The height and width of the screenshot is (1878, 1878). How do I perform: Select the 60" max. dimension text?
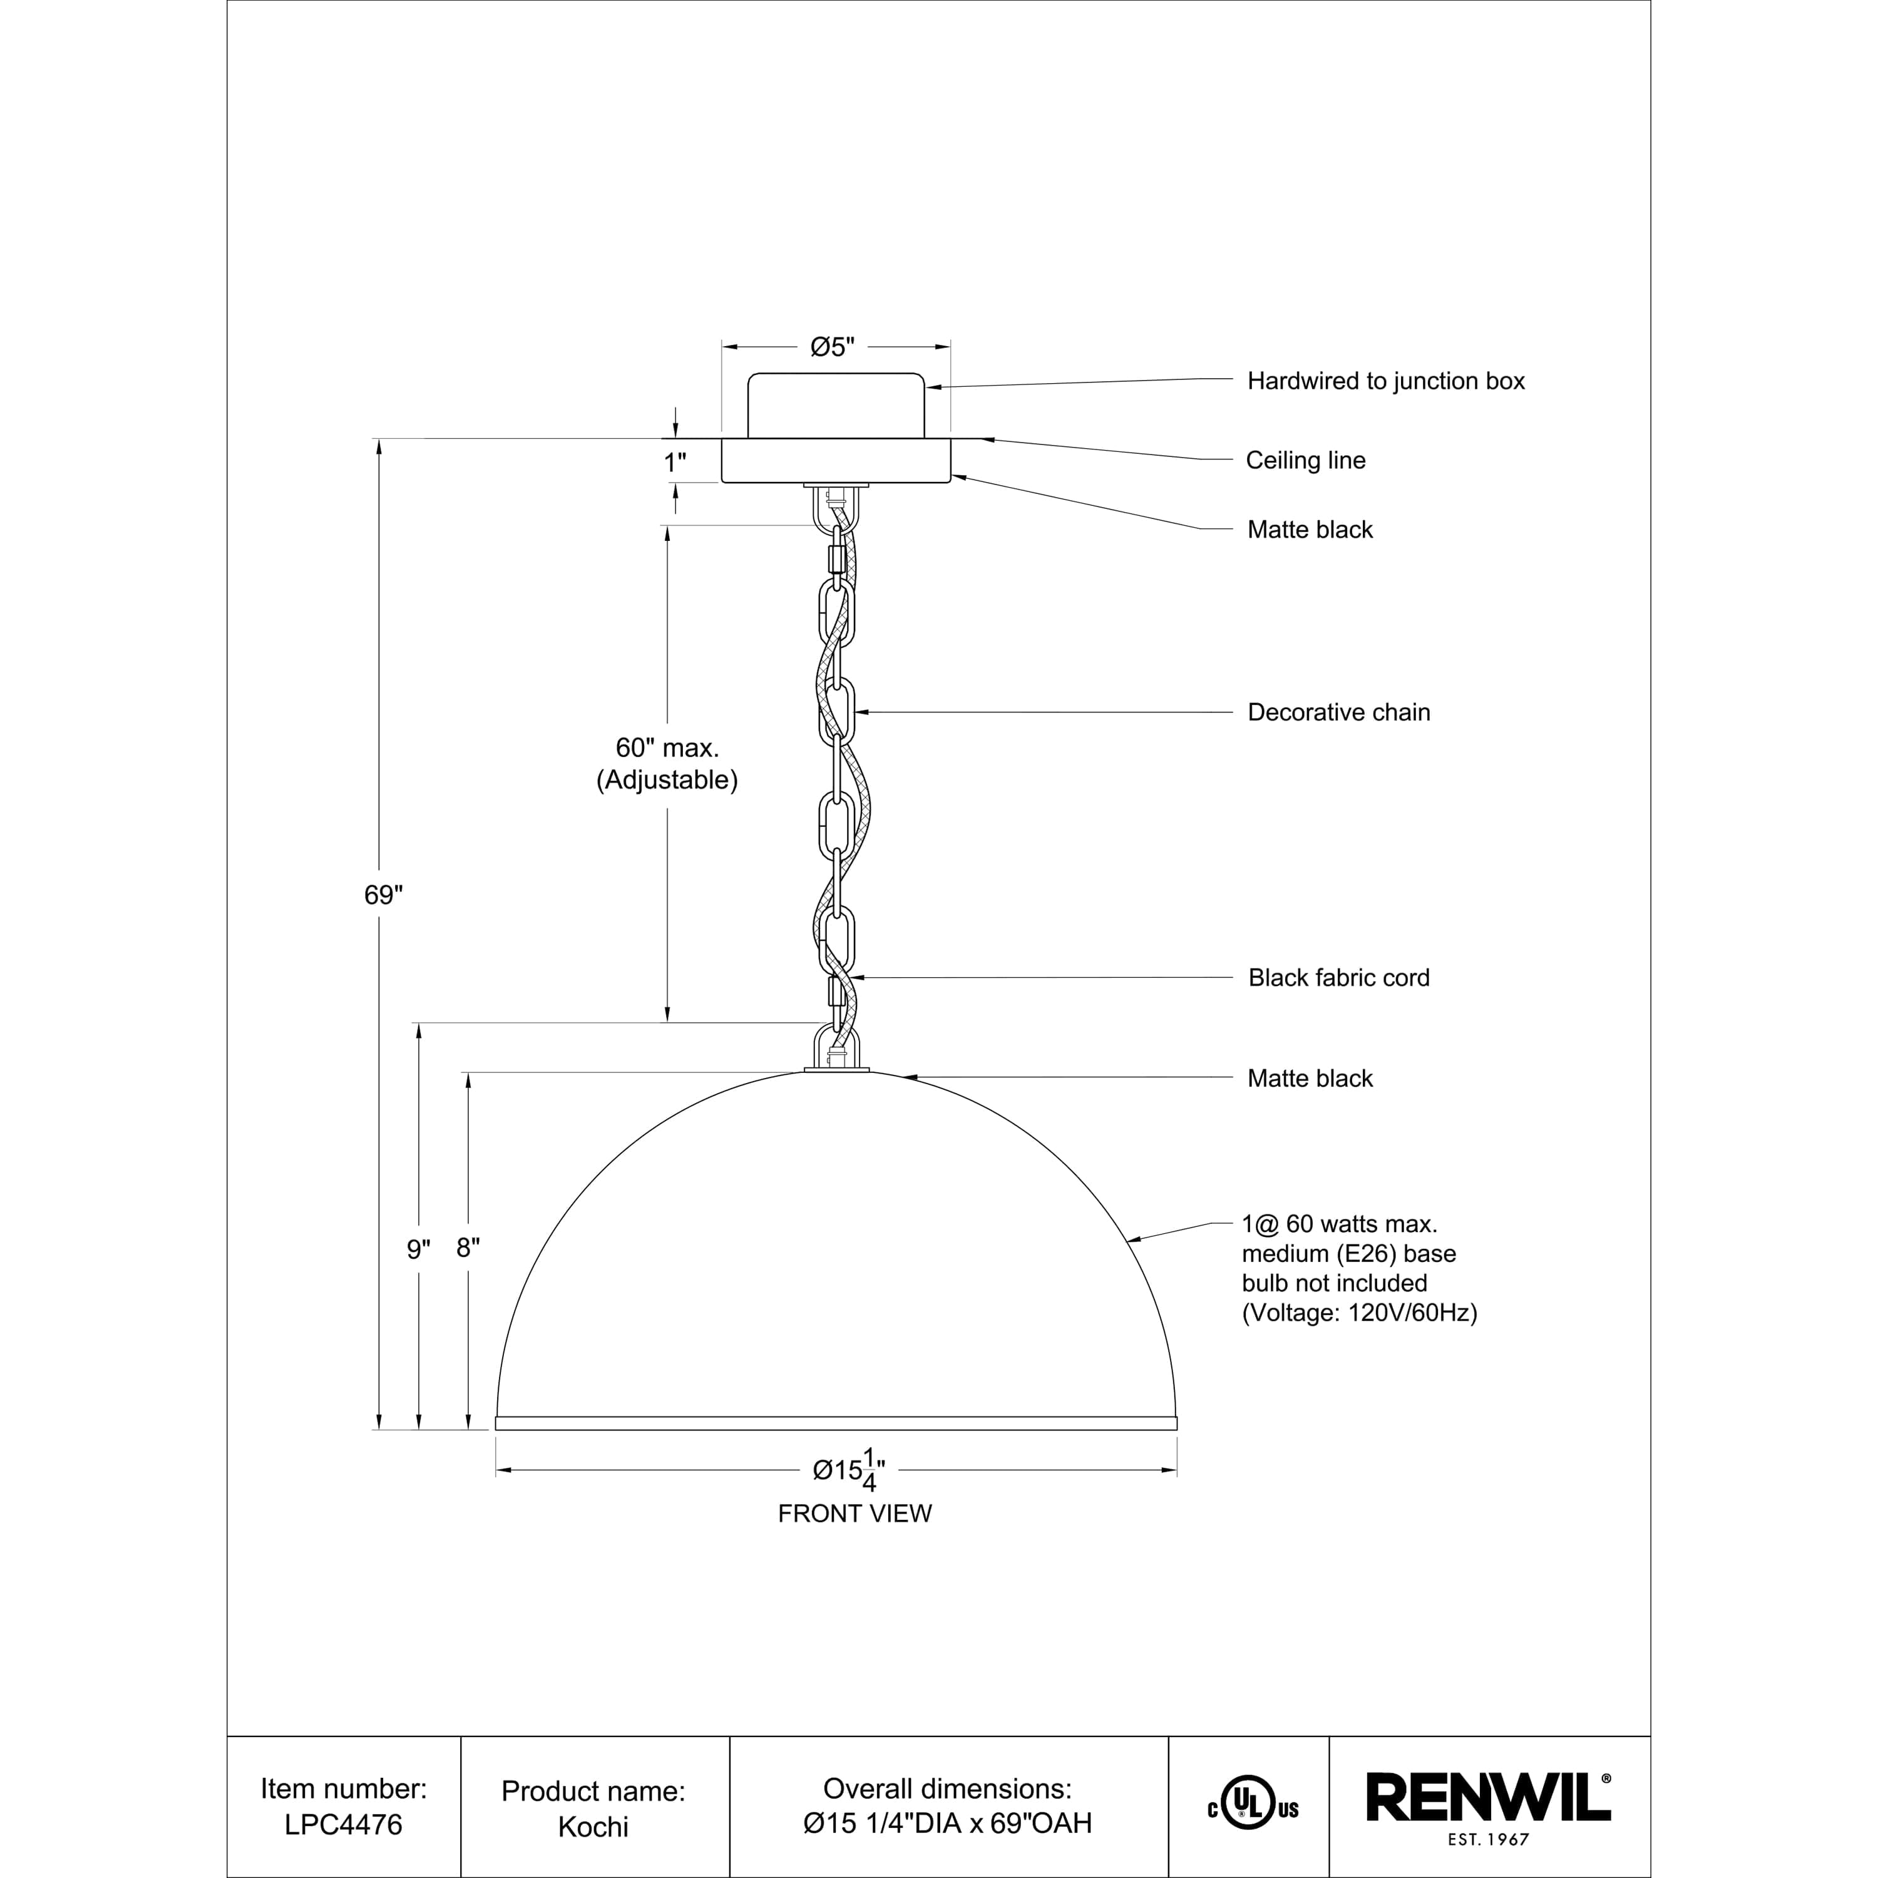point(667,747)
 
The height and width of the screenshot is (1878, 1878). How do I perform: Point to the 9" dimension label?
point(418,1250)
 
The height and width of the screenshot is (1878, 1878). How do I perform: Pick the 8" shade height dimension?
point(468,1248)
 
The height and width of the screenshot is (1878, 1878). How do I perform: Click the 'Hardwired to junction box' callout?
point(1385,381)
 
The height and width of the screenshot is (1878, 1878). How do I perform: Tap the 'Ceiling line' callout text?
point(1305,461)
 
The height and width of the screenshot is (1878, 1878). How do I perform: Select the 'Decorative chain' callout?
point(1338,712)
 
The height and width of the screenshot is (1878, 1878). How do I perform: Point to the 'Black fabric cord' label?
point(1338,978)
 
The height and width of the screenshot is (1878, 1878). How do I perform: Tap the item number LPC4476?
point(343,1825)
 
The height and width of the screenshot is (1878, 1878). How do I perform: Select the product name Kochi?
point(593,1827)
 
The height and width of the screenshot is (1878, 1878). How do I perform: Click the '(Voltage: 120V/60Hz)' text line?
point(1359,1313)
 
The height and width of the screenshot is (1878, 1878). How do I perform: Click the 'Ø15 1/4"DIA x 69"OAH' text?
point(948,1824)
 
